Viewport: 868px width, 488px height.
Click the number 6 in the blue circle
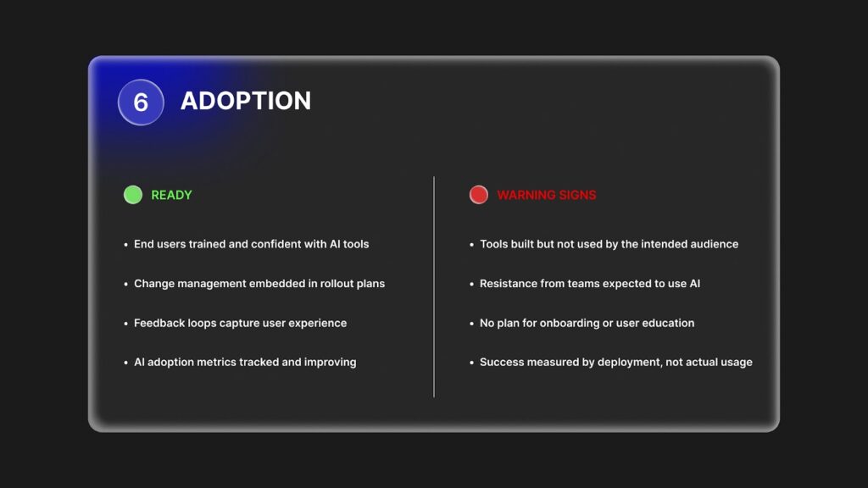tap(141, 103)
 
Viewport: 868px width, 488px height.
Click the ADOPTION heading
tap(246, 101)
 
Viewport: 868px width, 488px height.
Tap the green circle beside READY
tap(133, 195)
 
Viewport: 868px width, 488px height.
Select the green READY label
tap(171, 196)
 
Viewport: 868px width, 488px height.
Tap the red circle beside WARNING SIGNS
tap(479, 195)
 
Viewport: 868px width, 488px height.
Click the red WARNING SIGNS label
tap(547, 196)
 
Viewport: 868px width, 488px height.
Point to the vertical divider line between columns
tap(434, 286)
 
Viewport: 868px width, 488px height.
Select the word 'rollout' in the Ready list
tap(337, 283)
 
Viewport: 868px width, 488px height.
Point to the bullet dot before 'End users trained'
tap(126, 245)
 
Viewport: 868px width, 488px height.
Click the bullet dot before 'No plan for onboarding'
tap(471, 324)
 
